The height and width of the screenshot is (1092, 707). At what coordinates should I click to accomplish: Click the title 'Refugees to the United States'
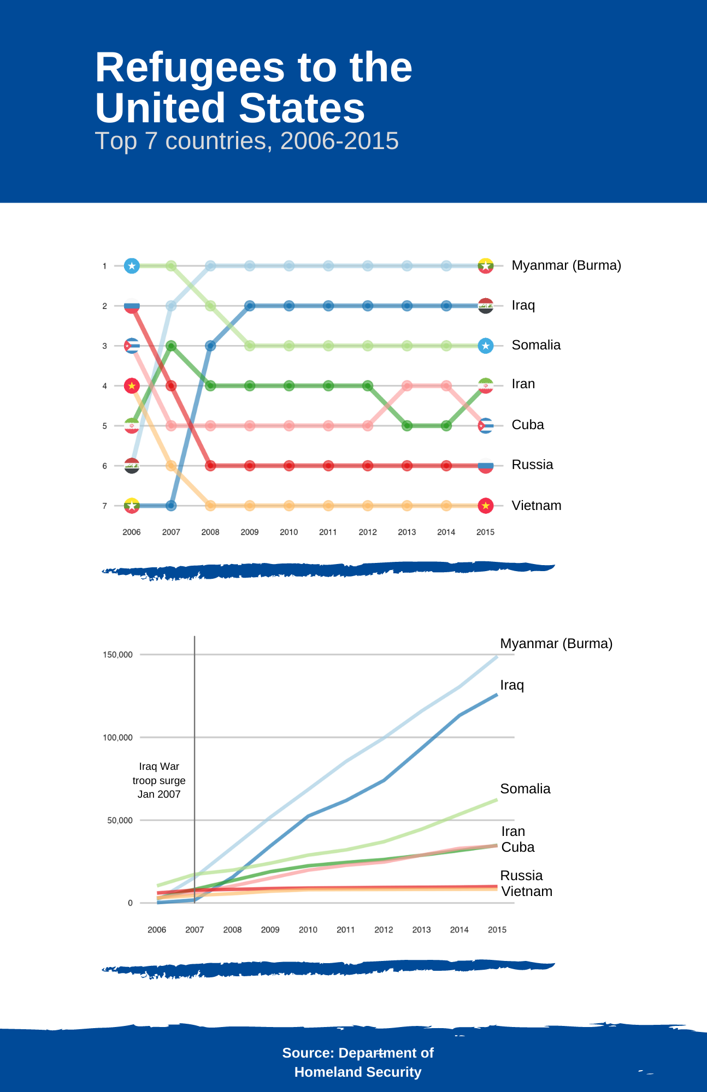pos(254,87)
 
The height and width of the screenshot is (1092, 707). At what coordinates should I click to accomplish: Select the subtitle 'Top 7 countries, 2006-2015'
pos(247,141)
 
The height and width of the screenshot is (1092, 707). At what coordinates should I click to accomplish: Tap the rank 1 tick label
pos(104,266)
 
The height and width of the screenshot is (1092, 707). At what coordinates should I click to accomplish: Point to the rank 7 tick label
pos(104,506)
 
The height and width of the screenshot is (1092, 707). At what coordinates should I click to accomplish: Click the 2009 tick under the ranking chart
pos(250,532)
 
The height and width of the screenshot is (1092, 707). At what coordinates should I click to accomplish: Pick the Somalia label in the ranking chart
pos(536,345)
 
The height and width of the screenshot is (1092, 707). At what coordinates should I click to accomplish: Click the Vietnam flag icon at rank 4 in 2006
pos(132,386)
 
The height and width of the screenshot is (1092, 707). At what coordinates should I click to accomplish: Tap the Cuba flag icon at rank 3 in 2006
pos(132,346)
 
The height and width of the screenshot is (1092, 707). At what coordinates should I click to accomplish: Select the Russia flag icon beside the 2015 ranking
pos(486,466)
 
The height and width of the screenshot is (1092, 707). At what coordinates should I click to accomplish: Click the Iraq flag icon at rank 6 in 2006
pos(132,466)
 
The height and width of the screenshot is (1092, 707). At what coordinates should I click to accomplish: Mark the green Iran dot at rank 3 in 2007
pos(171,346)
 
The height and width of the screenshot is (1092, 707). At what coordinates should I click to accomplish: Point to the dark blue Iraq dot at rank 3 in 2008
pos(210,346)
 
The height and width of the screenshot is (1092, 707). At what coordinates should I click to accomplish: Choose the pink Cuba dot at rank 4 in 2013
pos(407,386)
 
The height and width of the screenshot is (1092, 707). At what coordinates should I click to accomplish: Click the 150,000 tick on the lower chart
pos(117,655)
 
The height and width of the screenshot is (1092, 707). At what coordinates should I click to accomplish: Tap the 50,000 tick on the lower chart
pos(120,820)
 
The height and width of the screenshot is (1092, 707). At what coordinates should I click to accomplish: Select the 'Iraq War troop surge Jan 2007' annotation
pos(159,780)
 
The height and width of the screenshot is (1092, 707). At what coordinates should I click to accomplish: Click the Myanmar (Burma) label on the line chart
pos(556,644)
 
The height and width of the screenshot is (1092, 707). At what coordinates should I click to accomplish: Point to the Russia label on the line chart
pos(521,876)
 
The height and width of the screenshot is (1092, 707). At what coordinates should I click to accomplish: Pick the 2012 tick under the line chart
pos(384,930)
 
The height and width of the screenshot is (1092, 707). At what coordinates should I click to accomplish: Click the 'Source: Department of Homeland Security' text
pos(358,1063)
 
